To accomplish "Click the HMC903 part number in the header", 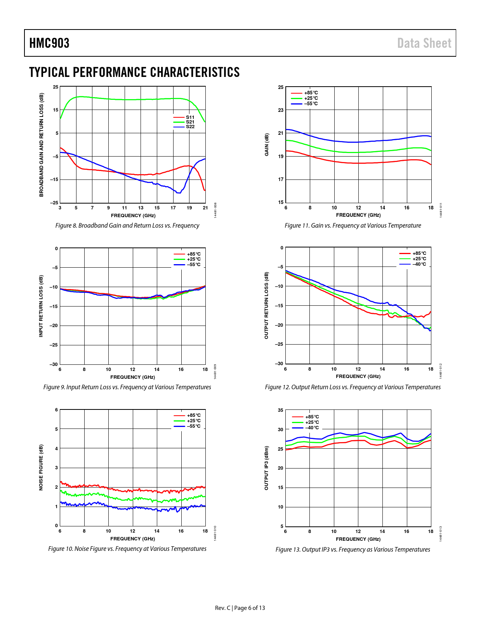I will [49, 43].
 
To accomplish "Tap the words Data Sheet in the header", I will [424, 43].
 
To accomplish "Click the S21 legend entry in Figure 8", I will [190, 122].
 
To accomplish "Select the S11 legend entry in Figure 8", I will [190, 117].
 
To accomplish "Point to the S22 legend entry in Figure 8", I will [190, 127].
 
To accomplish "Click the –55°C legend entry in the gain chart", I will [311, 104].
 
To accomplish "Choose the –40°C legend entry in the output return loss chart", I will [419, 264].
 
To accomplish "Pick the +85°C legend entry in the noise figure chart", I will [194, 415].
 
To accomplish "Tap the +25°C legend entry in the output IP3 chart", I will [312, 422].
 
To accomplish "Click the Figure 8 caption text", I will [127, 226].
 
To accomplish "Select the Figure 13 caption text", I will [353, 550].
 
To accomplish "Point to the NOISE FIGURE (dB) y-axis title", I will [41, 467].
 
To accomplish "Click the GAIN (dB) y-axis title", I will [267, 145].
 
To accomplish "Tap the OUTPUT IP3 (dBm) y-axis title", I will [266, 468].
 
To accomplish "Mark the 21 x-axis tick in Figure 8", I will [205, 208].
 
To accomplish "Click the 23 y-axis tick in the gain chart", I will [281, 110].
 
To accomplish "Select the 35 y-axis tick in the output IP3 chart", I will [280, 410].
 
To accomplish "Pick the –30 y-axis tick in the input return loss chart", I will [54, 364].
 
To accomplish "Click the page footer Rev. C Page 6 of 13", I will [240, 608].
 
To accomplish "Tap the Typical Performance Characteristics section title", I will [134, 72].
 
